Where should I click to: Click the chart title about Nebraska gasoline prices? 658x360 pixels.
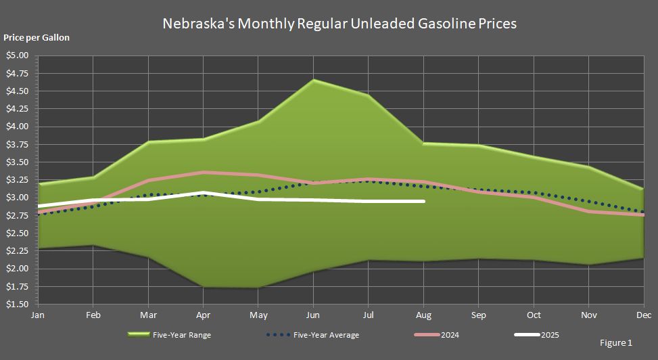pyautogui.click(x=339, y=23)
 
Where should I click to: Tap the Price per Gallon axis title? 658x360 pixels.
pyautogui.click(x=37, y=38)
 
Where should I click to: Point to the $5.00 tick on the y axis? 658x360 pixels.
pyautogui.click(x=18, y=55)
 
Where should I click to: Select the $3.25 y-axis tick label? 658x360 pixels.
pyautogui.click(x=18, y=180)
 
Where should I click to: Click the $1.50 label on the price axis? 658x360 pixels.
pyautogui.click(x=18, y=305)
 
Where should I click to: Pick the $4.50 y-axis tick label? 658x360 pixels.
pyautogui.click(x=18, y=91)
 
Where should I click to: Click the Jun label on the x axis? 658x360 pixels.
pyautogui.click(x=313, y=315)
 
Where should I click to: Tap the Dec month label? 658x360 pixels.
pyautogui.click(x=643, y=315)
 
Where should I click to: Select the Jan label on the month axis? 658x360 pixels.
pyautogui.click(x=39, y=315)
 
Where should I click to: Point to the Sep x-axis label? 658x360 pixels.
pyautogui.click(x=478, y=315)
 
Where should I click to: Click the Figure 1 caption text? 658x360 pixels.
pyautogui.click(x=616, y=343)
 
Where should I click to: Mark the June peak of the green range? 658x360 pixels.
pyautogui.click(x=313, y=80)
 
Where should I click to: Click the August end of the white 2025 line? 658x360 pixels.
pyautogui.click(x=423, y=201)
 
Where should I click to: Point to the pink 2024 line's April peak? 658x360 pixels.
pyautogui.click(x=203, y=173)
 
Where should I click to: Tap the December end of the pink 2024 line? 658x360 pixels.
pyautogui.click(x=643, y=215)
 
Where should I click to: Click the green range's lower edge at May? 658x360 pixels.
pyautogui.click(x=258, y=288)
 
